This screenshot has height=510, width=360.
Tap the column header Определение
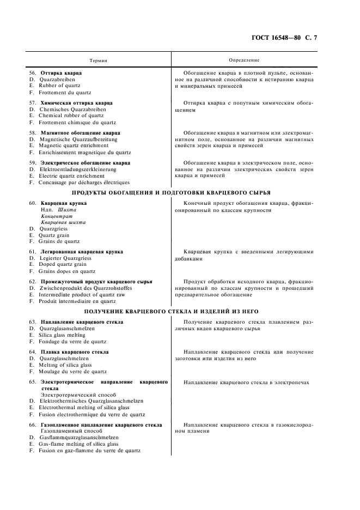pos(245,59)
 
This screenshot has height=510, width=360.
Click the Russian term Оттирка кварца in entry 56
pos(61,72)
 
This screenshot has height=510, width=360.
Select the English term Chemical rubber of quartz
pos(71,116)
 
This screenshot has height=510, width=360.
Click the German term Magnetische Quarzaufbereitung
pos(79,139)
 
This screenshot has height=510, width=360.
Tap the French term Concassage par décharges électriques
pos(84,183)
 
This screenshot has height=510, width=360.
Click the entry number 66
pos(33,424)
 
